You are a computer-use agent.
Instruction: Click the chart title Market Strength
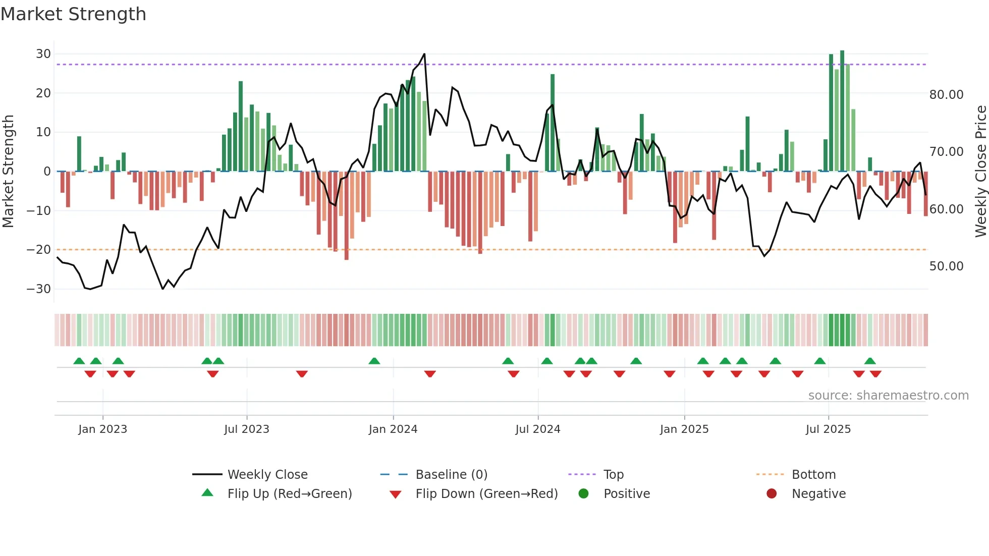[73, 14]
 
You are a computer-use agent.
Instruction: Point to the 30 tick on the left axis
[43, 54]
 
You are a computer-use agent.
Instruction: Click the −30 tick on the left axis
[39, 289]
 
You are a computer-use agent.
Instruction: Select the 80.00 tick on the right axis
[946, 95]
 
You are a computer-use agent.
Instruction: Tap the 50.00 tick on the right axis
[946, 266]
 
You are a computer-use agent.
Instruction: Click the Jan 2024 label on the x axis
[393, 429]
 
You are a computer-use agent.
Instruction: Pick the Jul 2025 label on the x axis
[828, 429]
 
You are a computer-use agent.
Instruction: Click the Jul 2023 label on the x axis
[247, 429]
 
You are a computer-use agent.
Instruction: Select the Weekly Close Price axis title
[980, 172]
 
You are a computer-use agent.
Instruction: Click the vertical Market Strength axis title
[8, 172]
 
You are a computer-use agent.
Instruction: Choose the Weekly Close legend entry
[267, 475]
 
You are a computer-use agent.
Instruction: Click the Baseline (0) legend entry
[451, 475]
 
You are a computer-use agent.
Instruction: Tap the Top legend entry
[614, 475]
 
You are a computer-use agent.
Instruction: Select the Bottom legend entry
[813, 475]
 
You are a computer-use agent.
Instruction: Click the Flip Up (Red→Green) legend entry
[289, 494]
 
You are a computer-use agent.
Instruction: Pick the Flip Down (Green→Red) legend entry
[486, 494]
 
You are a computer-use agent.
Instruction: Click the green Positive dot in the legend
[584, 494]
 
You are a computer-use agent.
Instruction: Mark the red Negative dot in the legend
[772, 494]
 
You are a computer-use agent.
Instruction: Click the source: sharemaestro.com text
[888, 396]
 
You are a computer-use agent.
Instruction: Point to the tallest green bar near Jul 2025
[842, 111]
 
